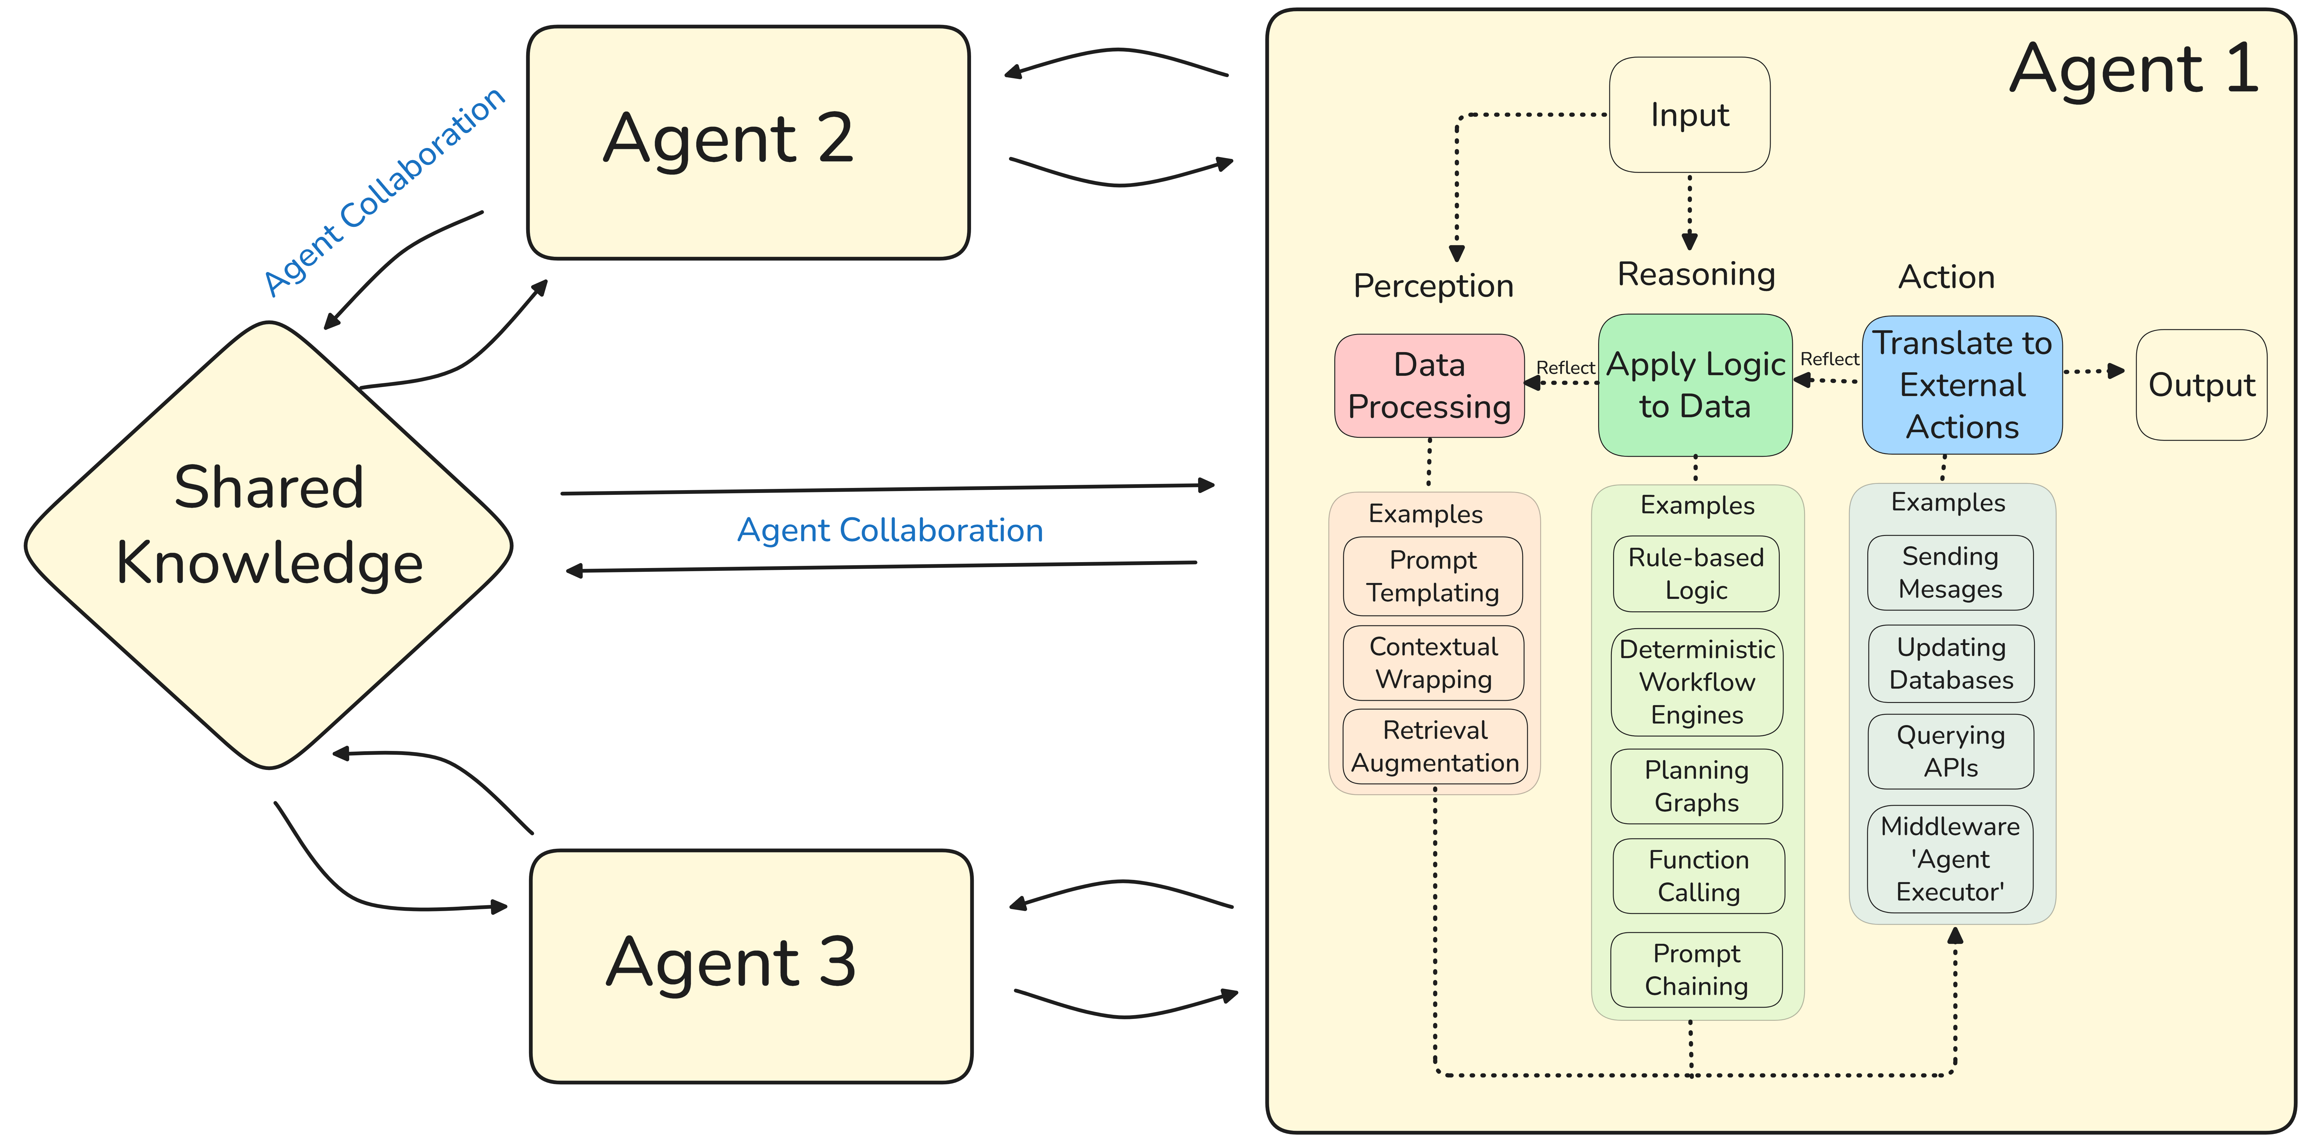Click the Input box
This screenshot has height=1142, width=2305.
[x=1689, y=115]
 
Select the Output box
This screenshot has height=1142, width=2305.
[x=2201, y=385]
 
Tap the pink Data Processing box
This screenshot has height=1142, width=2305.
[x=1429, y=386]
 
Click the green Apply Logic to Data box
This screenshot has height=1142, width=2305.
[x=1695, y=385]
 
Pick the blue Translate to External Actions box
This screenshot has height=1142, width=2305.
[x=1962, y=385]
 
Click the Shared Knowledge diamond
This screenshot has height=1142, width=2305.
[x=269, y=544]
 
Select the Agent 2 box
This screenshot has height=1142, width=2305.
[x=748, y=141]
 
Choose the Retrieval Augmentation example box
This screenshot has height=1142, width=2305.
[x=1435, y=746]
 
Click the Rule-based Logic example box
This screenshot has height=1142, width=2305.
[x=1696, y=574]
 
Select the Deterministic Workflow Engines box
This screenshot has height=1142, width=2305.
[x=1697, y=682]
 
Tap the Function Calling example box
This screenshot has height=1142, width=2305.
[x=1698, y=876]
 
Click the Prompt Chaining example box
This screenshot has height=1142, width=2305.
[x=1697, y=969]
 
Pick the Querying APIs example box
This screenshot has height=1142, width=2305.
[x=1951, y=751]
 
